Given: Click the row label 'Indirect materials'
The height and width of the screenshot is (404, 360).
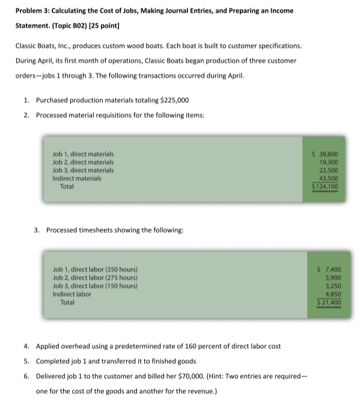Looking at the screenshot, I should [77, 178].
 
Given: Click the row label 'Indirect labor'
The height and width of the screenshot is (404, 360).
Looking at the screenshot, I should [72, 295].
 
